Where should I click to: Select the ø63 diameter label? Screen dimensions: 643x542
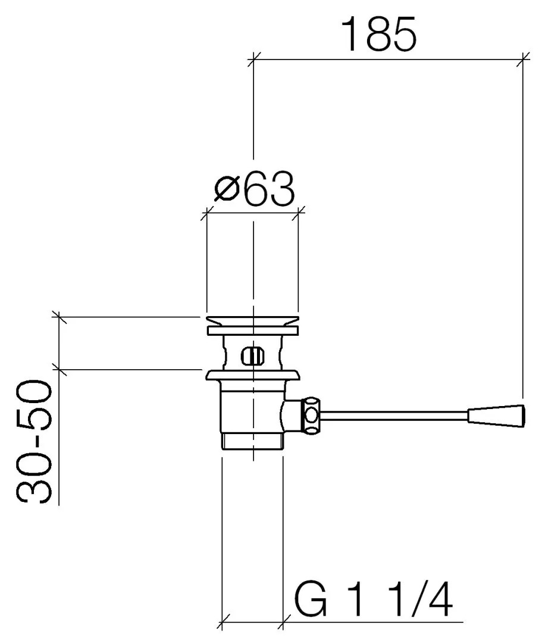pos(254,189)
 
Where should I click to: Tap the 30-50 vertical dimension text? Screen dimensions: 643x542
pos(35,442)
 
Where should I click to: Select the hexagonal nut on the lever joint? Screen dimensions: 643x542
pos(312,414)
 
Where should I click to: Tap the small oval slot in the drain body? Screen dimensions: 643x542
pos(252,356)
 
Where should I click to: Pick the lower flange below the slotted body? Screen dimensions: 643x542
pos(252,375)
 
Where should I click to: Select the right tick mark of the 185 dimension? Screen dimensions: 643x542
pos(523,58)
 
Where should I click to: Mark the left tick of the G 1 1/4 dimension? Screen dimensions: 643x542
pos(223,623)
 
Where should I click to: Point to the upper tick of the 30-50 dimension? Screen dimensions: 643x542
pos(59,317)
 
